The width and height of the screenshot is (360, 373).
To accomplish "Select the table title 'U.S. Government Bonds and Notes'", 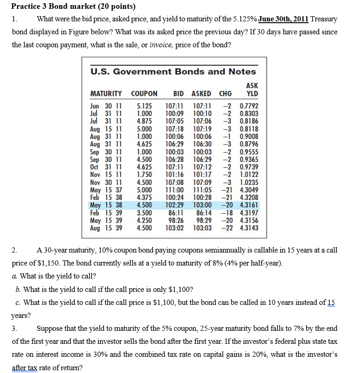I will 173,71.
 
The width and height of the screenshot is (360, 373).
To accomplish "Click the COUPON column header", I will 144,94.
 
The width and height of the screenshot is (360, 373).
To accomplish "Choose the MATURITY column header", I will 106,94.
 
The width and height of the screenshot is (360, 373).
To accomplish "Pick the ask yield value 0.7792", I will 249,106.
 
